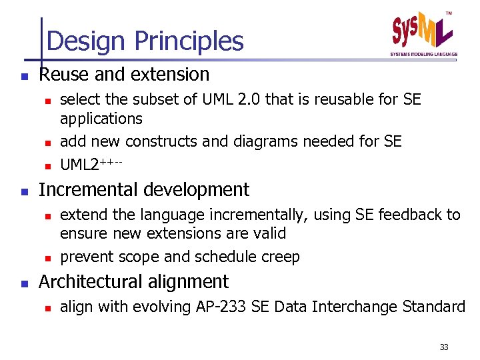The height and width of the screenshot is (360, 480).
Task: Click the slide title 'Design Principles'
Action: (145, 41)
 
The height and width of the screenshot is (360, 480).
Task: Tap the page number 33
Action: (444, 347)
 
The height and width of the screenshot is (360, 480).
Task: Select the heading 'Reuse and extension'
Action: (124, 74)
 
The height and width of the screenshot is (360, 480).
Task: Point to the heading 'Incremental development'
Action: (144, 189)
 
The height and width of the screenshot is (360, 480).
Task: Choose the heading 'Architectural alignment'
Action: (133, 281)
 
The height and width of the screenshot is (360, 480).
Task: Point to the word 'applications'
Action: (101, 119)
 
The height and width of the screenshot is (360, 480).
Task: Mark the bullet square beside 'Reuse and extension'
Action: (24, 76)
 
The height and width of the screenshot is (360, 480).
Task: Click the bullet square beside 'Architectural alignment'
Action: (24, 283)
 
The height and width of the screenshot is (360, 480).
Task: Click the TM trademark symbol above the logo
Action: (448, 13)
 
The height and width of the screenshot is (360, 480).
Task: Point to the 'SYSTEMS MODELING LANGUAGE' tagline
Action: (424, 53)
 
